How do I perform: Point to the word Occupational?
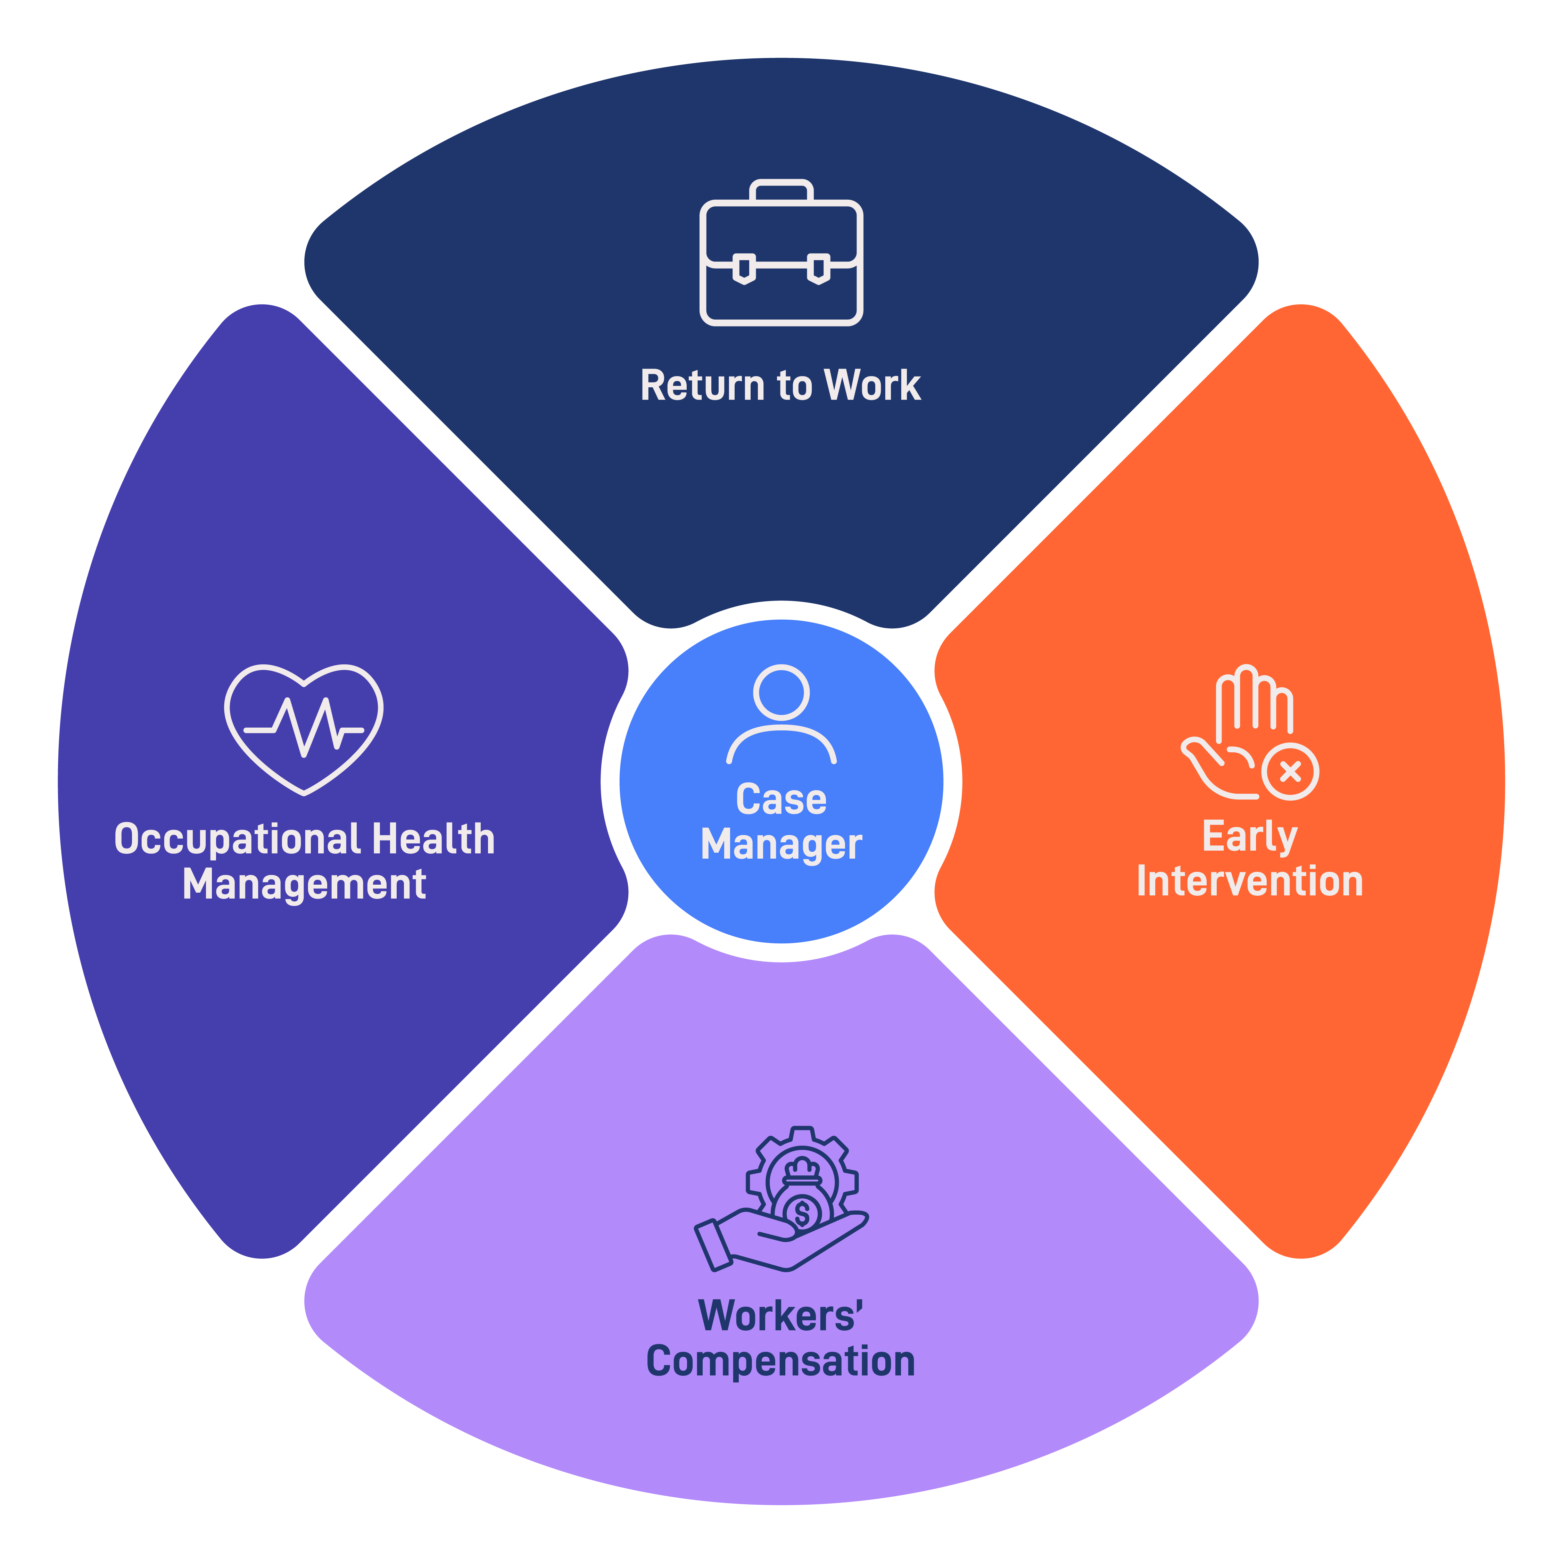click(237, 839)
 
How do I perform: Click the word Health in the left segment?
click(433, 839)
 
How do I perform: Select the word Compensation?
click(781, 1362)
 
